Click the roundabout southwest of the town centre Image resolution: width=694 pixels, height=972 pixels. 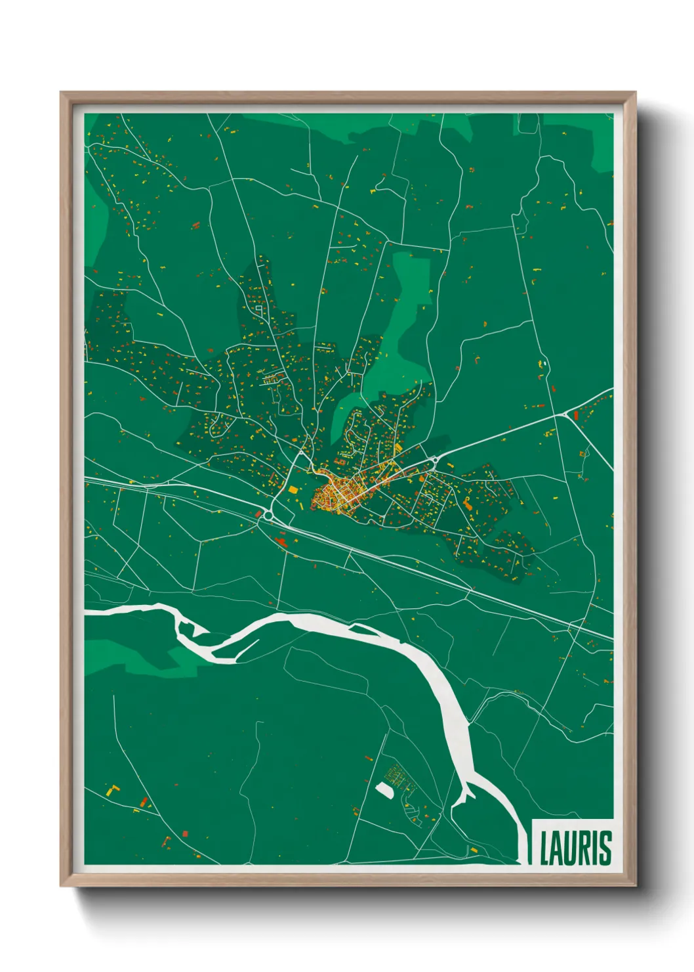click(x=268, y=516)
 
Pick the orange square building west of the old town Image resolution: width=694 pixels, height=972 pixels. click(x=293, y=489)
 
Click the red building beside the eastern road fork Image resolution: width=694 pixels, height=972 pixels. click(x=576, y=415)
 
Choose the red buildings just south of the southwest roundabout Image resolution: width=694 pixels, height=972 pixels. click(x=282, y=541)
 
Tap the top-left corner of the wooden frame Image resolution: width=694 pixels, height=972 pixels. click(x=62, y=93)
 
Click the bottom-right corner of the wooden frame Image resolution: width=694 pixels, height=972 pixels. click(x=635, y=885)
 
